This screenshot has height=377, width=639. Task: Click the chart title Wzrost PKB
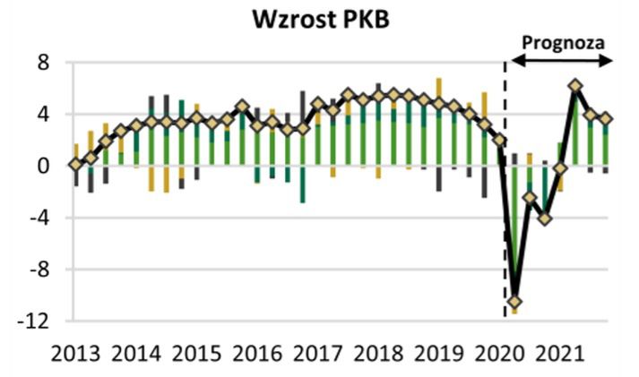click(319, 20)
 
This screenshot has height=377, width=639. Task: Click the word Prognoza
click(563, 42)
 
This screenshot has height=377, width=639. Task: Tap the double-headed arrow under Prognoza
click(561, 61)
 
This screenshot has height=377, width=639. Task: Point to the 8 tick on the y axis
click(42, 63)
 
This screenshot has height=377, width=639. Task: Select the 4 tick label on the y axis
click(42, 115)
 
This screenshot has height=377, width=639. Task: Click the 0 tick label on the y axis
click(42, 166)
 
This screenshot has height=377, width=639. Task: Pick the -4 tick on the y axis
click(37, 218)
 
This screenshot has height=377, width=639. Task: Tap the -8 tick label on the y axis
click(37, 269)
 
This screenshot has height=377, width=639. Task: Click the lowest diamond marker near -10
click(515, 302)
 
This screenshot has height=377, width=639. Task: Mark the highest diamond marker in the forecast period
click(575, 87)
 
